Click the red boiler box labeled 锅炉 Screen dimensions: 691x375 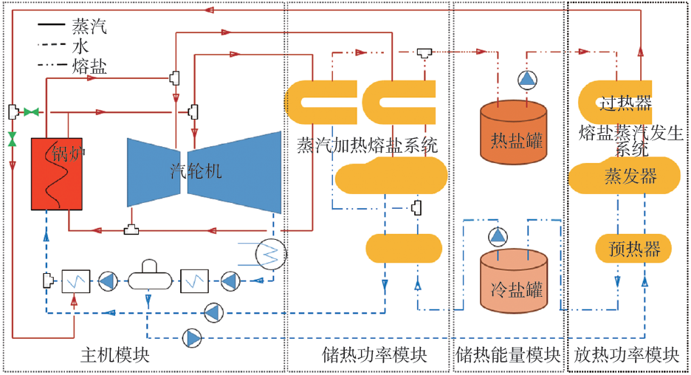(56, 173)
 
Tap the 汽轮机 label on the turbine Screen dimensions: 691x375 (196, 171)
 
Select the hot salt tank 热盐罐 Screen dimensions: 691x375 (513, 132)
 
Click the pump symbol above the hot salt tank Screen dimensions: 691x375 (527, 80)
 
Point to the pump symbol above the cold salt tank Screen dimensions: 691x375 (498, 237)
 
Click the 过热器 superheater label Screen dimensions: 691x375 (625, 103)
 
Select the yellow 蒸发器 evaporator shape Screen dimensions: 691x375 (624, 176)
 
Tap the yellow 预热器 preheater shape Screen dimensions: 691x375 (633, 249)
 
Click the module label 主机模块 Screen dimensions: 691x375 (115, 355)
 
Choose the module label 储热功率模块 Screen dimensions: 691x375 (374, 355)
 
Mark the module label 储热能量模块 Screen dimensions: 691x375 (508, 355)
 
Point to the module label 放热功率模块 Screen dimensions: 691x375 (626, 355)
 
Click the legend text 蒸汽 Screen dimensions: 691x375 (89, 27)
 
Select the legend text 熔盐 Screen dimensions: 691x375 (89, 66)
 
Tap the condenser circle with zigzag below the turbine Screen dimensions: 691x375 (271, 254)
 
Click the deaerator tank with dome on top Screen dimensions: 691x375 (150, 275)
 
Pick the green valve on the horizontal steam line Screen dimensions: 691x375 (31, 112)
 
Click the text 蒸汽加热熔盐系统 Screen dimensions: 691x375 (367, 145)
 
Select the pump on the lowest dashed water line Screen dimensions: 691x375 (192, 338)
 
